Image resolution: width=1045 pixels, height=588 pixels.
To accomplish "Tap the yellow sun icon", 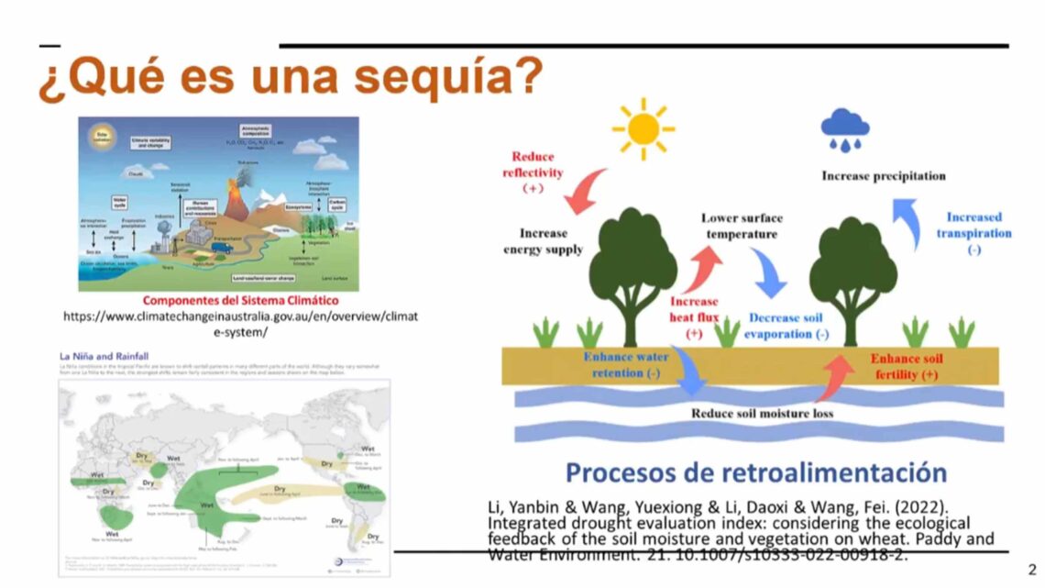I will [x=643, y=125].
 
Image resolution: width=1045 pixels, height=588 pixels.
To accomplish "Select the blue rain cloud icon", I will [x=845, y=129].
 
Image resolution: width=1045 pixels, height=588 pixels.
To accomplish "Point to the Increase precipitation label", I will [x=883, y=175].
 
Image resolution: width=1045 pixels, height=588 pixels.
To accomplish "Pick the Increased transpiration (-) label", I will [x=973, y=233].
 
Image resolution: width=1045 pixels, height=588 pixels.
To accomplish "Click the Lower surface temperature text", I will [x=742, y=226].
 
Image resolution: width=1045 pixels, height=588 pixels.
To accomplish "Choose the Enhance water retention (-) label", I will [x=626, y=364].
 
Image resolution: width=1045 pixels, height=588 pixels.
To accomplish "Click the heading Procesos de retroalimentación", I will [x=755, y=472].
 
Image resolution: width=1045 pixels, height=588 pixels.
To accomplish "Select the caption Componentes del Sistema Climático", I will [x=240, y=300].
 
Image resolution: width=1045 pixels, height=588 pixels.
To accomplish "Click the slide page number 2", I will [x=1031, y=569].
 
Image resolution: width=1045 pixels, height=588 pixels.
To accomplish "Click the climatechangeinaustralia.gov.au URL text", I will [x=240, y=324].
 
